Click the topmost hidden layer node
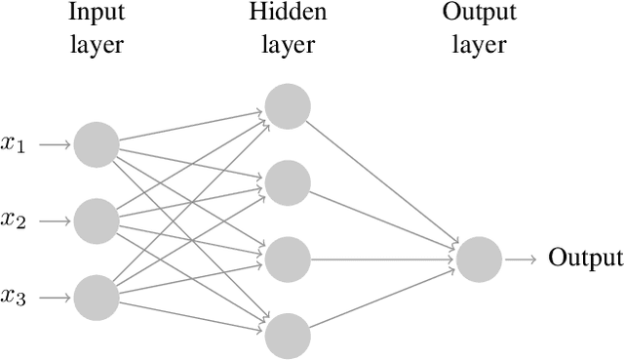click(288, 106)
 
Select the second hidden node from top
click(288, 182)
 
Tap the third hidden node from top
click(288, 259)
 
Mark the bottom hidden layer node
click(288, 335)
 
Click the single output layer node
click(479, 259)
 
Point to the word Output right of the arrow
click(585, 259)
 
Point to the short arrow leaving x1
click(57, 144)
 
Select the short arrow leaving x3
click(57, 297)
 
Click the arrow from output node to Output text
click(520, 259)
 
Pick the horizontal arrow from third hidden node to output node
click(383, 259)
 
